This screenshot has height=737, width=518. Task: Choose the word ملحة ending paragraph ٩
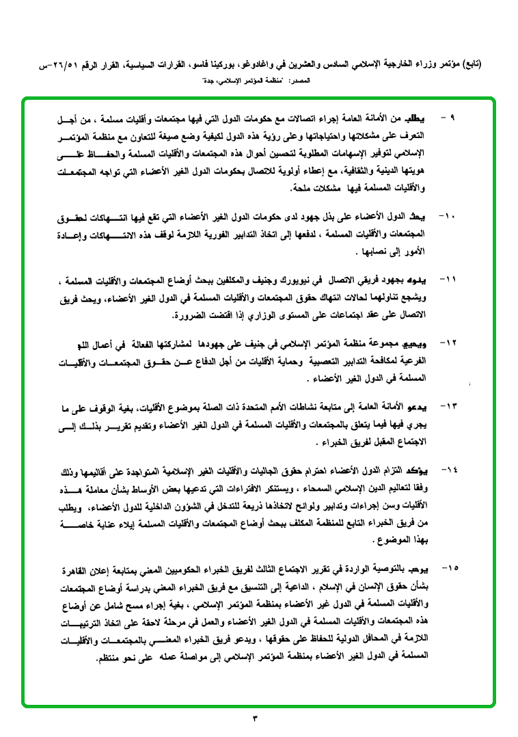coord(274,187)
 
